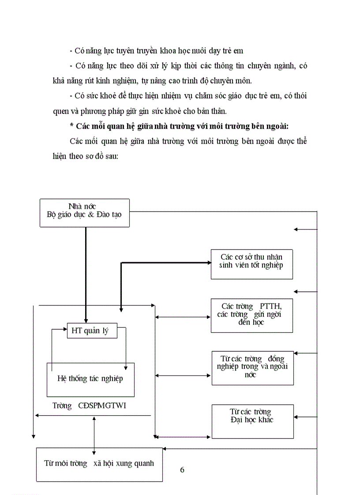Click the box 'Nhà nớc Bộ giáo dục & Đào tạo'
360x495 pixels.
85,212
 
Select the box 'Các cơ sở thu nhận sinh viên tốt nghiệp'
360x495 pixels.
251,264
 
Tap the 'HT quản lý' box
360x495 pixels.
92,331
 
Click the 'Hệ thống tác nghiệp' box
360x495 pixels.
90,379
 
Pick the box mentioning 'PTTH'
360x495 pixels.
251,316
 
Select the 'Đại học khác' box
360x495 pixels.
252,421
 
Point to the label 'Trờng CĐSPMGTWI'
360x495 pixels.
89,406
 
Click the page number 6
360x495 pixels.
182,469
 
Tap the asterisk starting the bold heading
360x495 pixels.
71,127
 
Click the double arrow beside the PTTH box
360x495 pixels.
183,316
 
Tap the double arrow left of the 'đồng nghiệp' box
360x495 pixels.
183,376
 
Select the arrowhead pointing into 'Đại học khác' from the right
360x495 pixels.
297,416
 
